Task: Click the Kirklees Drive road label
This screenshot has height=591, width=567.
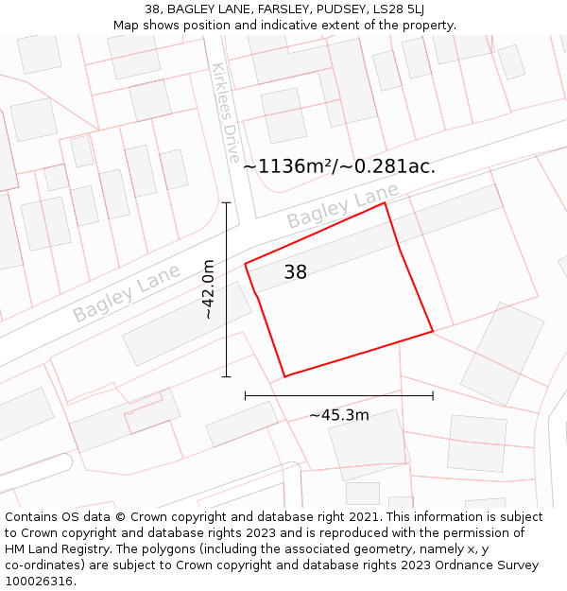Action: coord(226,113)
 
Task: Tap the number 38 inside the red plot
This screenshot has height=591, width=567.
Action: coord(295,272)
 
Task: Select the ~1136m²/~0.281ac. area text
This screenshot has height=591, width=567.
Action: coord(339,166)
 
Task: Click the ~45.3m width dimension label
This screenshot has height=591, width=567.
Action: coord(338,414)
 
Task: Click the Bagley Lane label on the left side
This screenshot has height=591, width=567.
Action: coord(126,294)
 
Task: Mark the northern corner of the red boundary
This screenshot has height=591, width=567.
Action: coord(385,202)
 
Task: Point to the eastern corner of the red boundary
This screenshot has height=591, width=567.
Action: coord(433,331)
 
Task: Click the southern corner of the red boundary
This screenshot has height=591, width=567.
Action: coord(285,376)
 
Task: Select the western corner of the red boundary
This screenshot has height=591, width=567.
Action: coord(246,264)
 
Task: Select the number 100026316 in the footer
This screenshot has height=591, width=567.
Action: coord(38,581)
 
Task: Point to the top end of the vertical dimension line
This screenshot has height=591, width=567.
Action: coord(226,202)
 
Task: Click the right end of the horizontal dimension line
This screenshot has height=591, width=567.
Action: coord(433,395)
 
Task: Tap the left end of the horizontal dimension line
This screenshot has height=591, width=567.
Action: coord(246,395)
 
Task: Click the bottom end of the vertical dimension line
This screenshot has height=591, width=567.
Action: coord(226,376)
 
